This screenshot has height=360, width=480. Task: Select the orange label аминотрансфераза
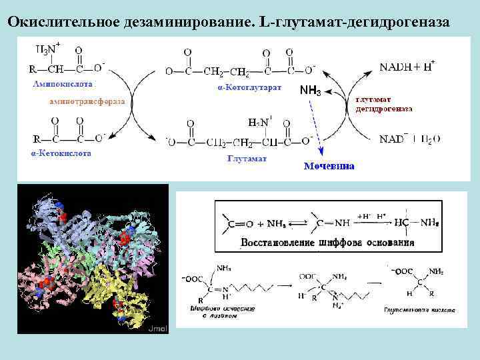tap(86, 101)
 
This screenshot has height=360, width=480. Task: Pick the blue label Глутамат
tap(247, 159)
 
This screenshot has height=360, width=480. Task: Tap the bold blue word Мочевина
tap(329, 166)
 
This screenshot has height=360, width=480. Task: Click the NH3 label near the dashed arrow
tap(310, 90)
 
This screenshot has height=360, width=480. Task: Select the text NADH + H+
tap(407, 66)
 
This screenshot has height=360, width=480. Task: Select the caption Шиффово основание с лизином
tap(214, 313)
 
